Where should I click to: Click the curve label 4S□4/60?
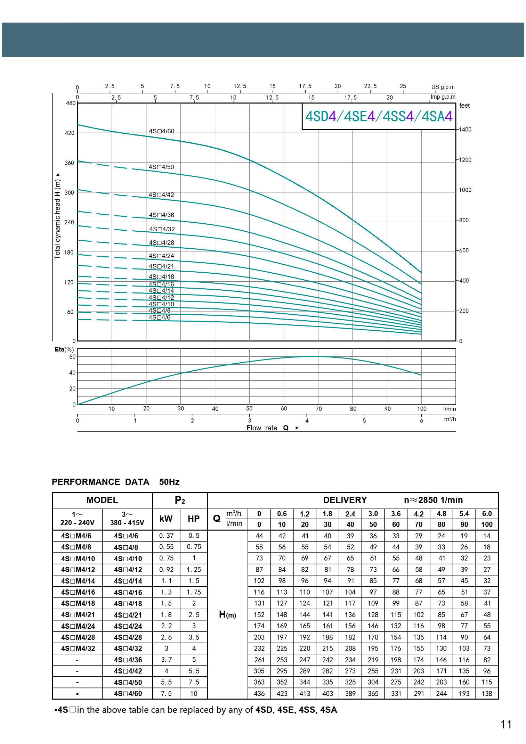(161, 131)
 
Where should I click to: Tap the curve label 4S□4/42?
(161, 195)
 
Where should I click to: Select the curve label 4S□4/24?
(161, 256)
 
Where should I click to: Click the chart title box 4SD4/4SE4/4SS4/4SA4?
(379, 116)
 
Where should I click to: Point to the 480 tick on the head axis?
(71, 103)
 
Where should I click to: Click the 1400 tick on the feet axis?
(465, 130)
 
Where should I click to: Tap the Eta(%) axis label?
(64, 349)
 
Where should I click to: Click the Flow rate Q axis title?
(268, 428)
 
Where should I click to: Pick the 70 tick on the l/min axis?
(318, 409)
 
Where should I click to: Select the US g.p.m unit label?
(443, 87)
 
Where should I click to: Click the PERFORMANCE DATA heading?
(100, 482)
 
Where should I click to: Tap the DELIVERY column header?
(345, 500)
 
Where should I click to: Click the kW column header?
(166, 519)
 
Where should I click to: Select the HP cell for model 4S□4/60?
(194, 694)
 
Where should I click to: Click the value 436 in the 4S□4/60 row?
(259, 694)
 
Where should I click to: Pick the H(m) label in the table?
(227, 615)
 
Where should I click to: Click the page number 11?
(506, 724)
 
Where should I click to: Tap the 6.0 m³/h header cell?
(487, 514)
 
